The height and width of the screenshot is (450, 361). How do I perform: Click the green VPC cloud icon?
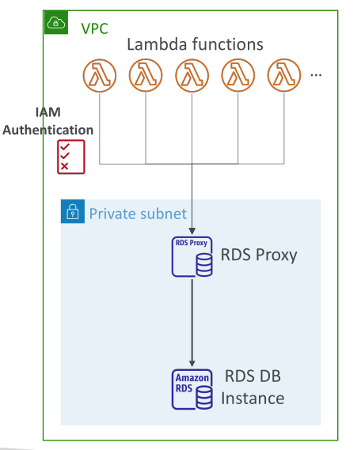56,22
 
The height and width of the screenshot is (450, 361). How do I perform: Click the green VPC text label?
94,28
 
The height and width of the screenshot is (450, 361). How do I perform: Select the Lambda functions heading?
195,44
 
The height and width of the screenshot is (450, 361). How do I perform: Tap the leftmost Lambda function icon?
100,75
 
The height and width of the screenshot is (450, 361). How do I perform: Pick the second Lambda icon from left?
146,75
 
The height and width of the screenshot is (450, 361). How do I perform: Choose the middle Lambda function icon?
192,75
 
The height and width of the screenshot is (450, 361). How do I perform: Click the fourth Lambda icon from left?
238,75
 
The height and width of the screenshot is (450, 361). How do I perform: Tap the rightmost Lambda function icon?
284,75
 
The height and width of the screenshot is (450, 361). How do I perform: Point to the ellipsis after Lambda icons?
316,75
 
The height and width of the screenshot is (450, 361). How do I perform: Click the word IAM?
48,112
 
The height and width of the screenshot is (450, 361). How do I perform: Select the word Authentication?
48,130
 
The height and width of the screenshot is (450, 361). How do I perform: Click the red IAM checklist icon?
71,157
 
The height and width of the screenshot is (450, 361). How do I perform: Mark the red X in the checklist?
65,166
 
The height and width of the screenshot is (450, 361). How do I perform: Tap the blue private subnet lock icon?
73,211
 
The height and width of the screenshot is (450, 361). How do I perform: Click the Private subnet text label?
138,214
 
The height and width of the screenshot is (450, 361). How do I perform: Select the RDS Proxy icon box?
192,256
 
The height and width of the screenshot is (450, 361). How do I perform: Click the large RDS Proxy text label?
259,255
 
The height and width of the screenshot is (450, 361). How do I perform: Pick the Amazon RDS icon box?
192,389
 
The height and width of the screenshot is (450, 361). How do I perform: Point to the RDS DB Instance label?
253,388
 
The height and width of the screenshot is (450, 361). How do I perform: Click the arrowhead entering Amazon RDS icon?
192,364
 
